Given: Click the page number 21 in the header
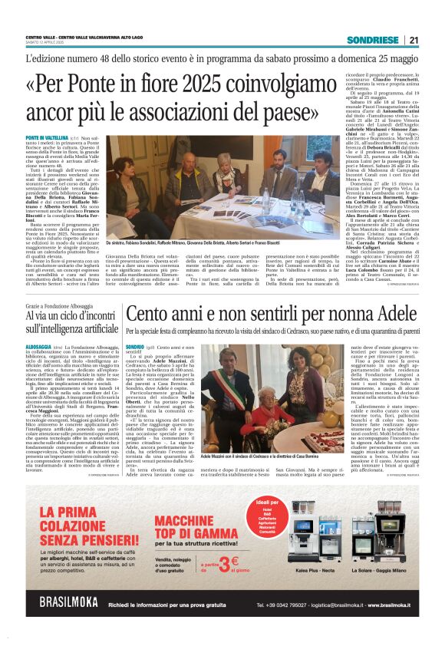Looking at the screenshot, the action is [x=414, y=40].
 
